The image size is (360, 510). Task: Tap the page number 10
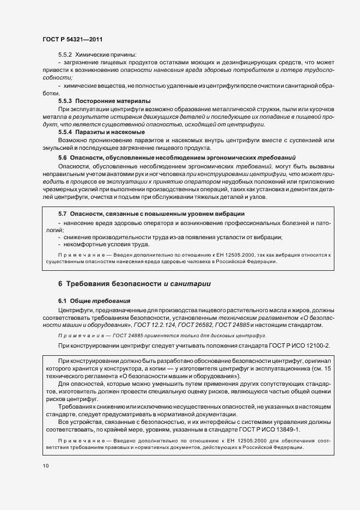45,465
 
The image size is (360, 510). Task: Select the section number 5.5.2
65,54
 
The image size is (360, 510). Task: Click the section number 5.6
63,156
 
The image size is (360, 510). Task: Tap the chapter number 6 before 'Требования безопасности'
60,283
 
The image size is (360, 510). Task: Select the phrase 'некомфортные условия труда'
103,245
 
